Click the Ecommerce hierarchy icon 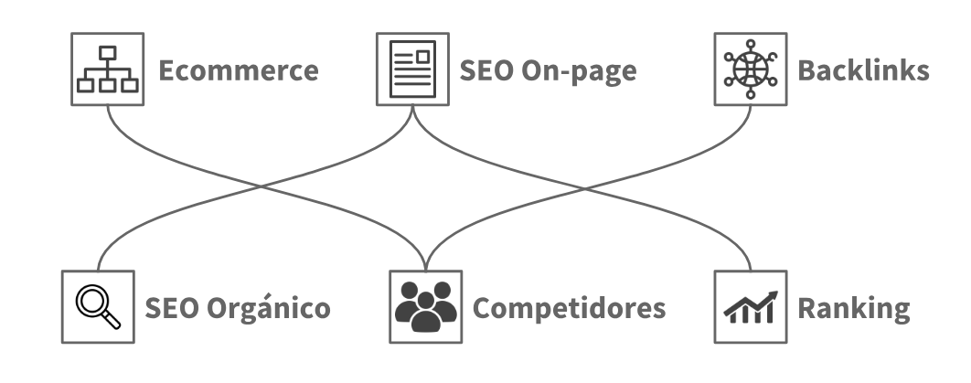108,69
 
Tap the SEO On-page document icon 412,69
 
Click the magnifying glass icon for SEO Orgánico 98,306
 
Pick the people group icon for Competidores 425,306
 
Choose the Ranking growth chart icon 750,306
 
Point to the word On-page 584,71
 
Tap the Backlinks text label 863,70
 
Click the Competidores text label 568,308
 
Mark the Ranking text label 854,308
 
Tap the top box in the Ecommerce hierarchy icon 108,52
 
